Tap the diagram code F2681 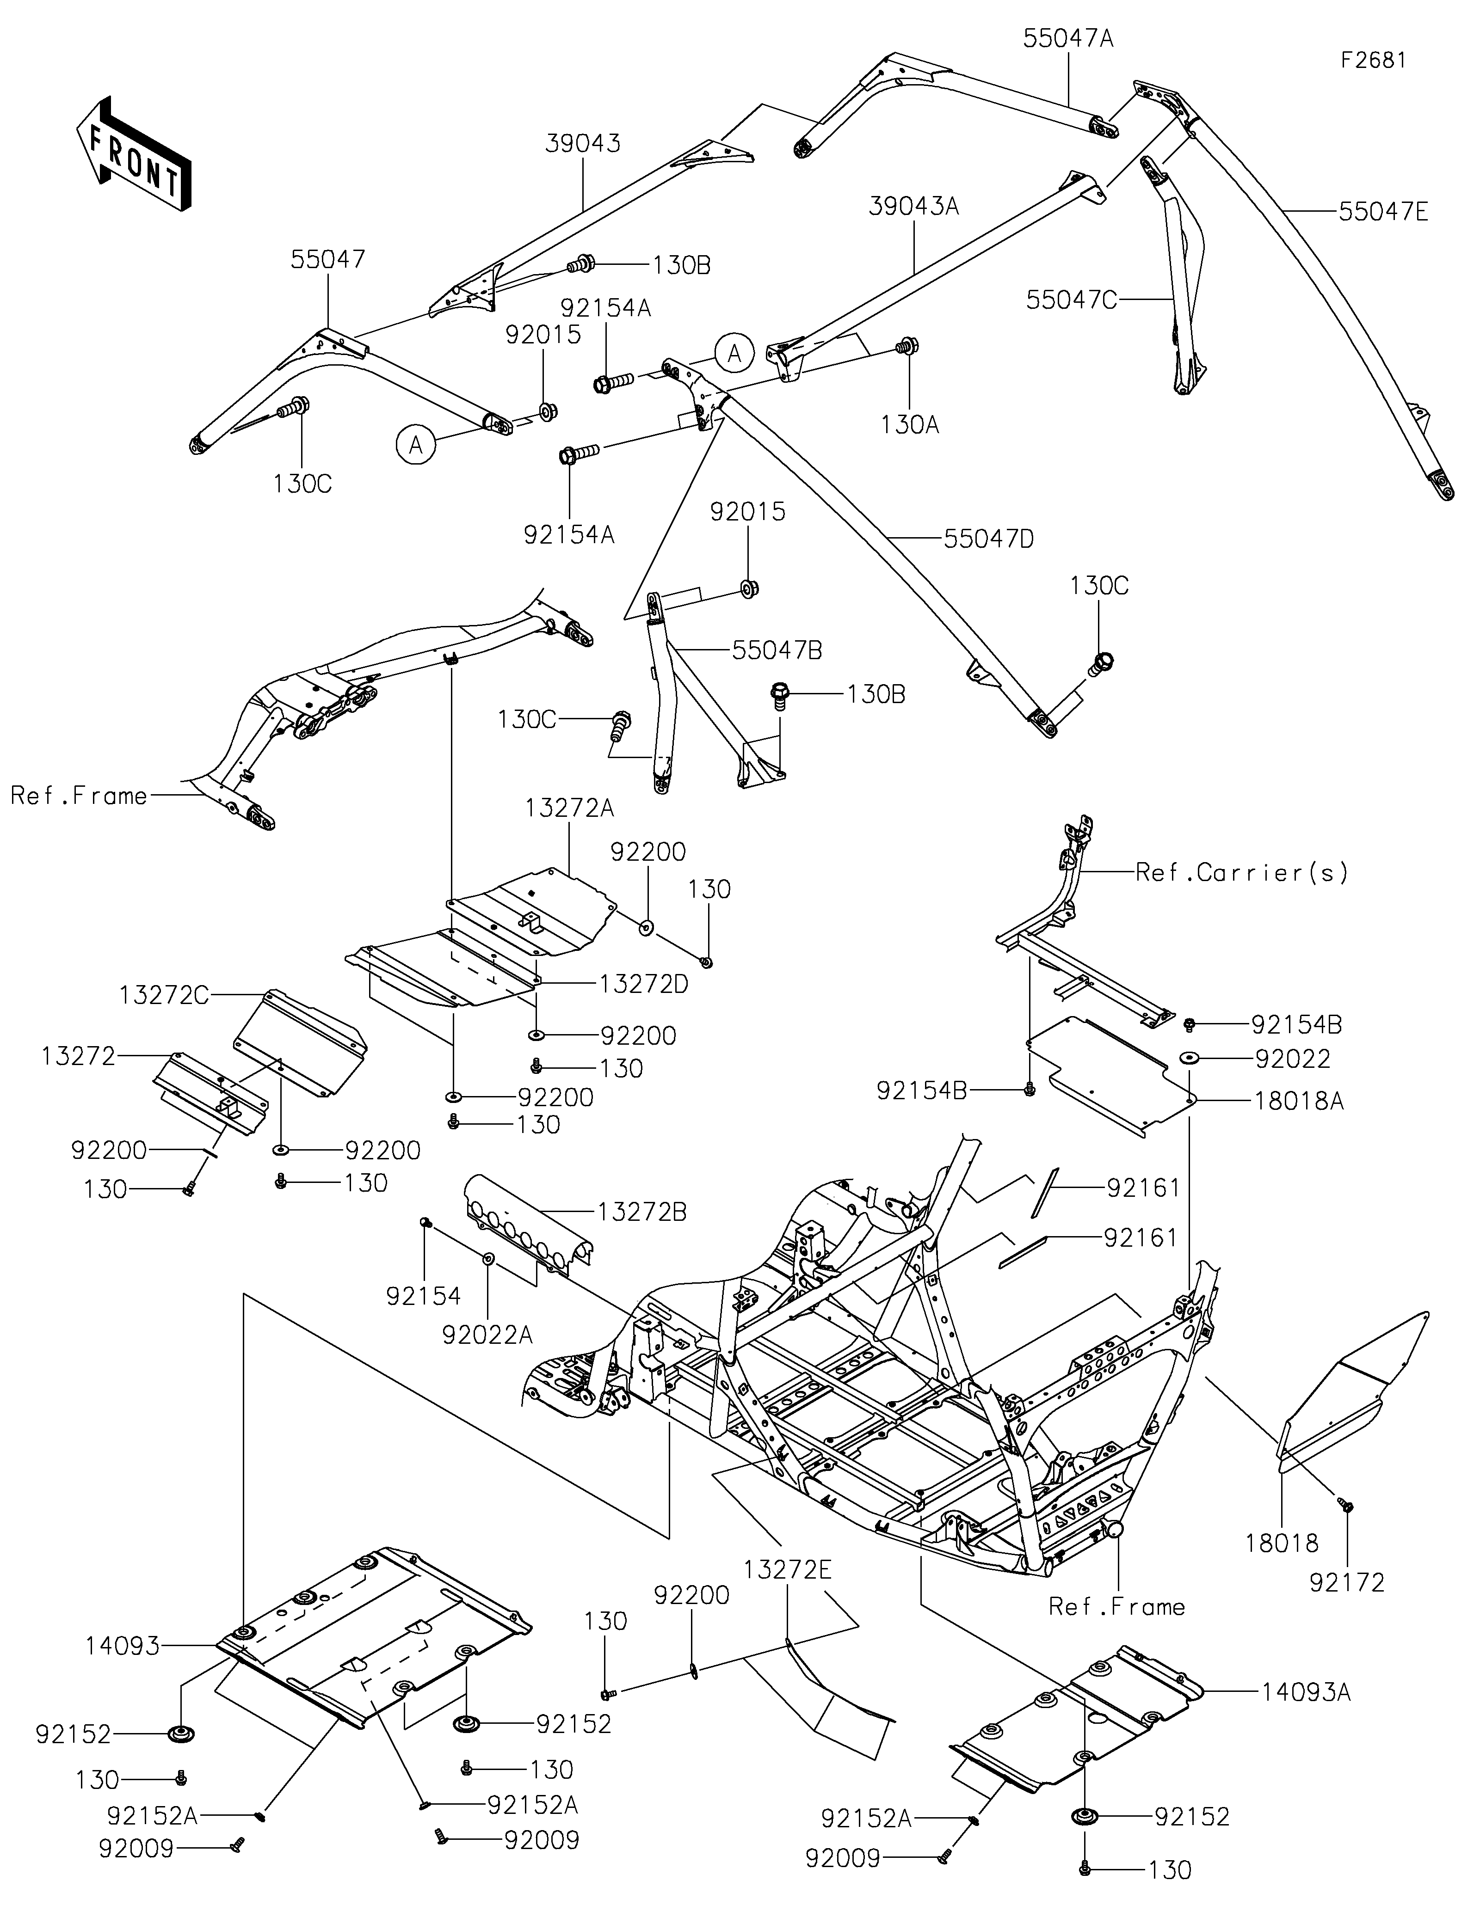pyautogui.click(x=1373, y=61)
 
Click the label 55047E pyautogui.click(x=1383, y=212)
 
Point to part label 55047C pyautogui.click(x=1071, y=300)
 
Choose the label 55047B pyautogui.click(x=777, y=650)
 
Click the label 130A pyautogui.click(x=910, y=425)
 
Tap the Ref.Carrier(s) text pyautogui.click(x=1241, y=872)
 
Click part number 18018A pyautogui.click(x=1299, y=1101)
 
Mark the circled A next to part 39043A pyautogui.click(x=734, y=354)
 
